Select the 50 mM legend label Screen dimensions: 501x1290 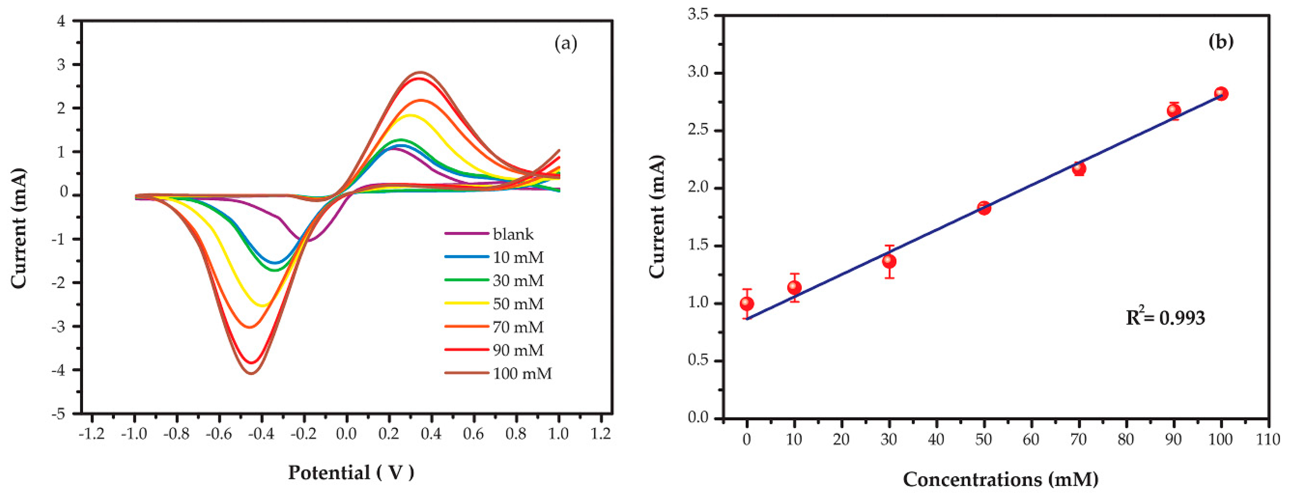pos(518,304)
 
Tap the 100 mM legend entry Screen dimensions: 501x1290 pos(522,373)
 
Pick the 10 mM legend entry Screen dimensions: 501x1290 pos(518,257)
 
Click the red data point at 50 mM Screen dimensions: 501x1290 pos(984,208)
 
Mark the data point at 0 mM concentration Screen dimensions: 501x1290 pos(747,303)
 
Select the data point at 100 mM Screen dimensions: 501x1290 pos(1221,94)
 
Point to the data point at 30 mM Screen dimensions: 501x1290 pos(889,261)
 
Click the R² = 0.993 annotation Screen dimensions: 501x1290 pos(1165,317)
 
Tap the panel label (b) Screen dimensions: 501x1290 pos(1221,41)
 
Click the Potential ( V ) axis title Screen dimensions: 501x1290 pos(351,472)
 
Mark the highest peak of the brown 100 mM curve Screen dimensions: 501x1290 pos(421,72)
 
